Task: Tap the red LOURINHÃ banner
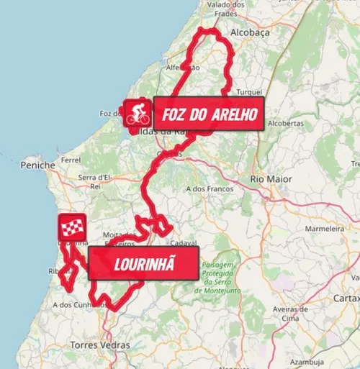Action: coord(144,263)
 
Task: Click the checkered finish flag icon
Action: coord(72,228)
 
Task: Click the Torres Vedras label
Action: coord(101,345)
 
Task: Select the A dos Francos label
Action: coord(210,188)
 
